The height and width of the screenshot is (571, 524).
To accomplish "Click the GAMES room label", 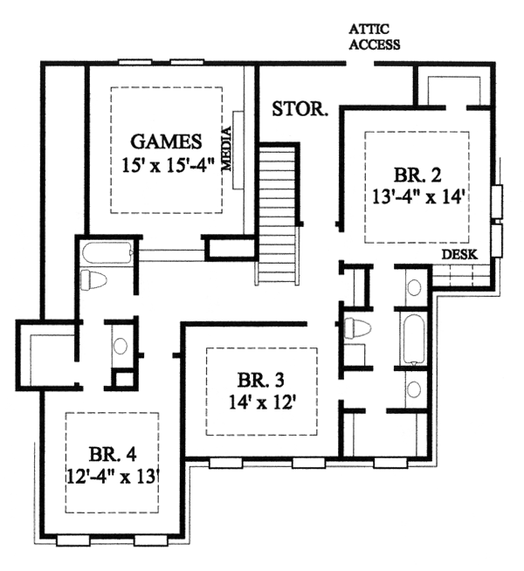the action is [166, 141].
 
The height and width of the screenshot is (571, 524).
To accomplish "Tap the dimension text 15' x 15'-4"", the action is [167, 166].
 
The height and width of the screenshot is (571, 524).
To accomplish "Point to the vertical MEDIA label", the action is [227, 148].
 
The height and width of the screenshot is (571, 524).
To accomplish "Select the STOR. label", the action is [300, 108].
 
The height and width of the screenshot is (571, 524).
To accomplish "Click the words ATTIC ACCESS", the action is [375, 37].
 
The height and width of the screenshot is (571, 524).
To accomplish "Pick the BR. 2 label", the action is [417, 175].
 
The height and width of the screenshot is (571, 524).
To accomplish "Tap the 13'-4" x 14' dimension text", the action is [418, 197].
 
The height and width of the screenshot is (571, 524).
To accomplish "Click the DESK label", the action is [459, 254].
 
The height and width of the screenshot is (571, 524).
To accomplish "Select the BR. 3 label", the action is [261, 380].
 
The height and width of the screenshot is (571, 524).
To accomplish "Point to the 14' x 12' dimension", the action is [261, 402].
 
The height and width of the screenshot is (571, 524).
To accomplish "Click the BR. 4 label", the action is [113, 454].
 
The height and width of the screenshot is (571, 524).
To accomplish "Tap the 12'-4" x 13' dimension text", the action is [114, 477].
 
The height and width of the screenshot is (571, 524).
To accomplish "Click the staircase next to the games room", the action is [278, 213].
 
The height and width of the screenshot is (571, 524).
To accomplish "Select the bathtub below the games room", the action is [107, 252].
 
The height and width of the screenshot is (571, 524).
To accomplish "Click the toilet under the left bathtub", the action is [93, 280].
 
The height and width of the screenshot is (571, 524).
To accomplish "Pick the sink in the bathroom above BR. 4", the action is [120, 346].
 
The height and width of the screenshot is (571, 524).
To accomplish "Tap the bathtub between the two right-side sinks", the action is [414, 339].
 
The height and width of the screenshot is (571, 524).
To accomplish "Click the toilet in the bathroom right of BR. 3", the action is [357, 328].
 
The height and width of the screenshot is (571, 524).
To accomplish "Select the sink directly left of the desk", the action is [414, 287].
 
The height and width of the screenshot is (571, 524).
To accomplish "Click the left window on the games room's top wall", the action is [135, 62].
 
